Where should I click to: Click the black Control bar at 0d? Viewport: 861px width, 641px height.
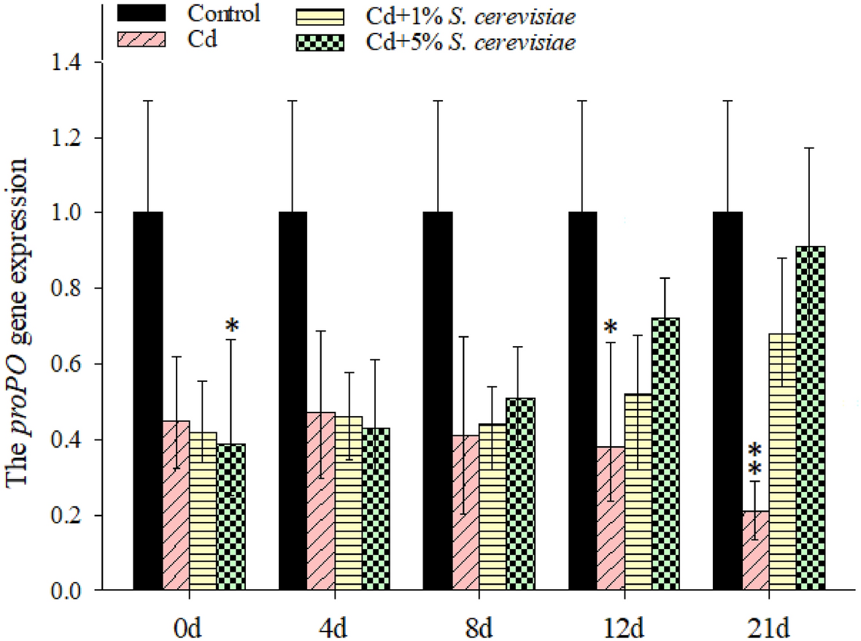148,401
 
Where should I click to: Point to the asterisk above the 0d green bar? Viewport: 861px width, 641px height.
231,324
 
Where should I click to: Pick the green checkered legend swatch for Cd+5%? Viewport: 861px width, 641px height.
321,43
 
